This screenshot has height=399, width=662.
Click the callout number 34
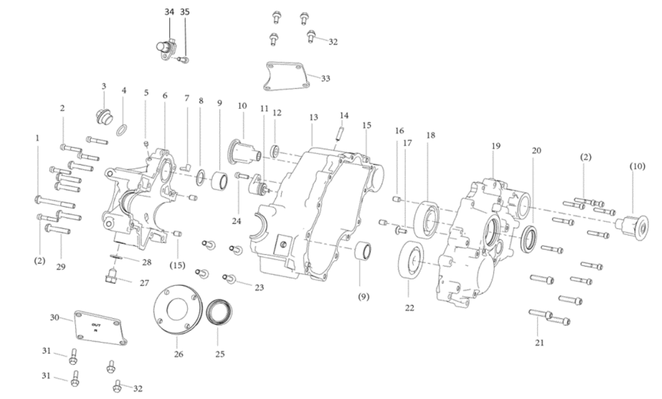click(x=170, y=12)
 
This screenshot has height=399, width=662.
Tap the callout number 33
click(x=325, y=79)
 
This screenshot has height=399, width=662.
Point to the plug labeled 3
click(x=103, y=116)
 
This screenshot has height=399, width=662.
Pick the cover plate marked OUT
click(x=101, y=329)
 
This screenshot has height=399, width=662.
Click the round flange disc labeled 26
click(x=178, y=311)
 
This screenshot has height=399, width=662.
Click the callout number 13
click(x=313, y=117)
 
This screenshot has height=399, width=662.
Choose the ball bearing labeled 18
click(x=428, y=219)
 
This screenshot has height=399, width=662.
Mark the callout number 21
click(x=539, y=343)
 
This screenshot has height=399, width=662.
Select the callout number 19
click(x=496, y=146)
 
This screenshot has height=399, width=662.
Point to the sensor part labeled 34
click(x=167, y=50)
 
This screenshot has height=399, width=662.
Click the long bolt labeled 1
click(x=55, y=202)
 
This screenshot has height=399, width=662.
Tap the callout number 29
click(x=61, y=267)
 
